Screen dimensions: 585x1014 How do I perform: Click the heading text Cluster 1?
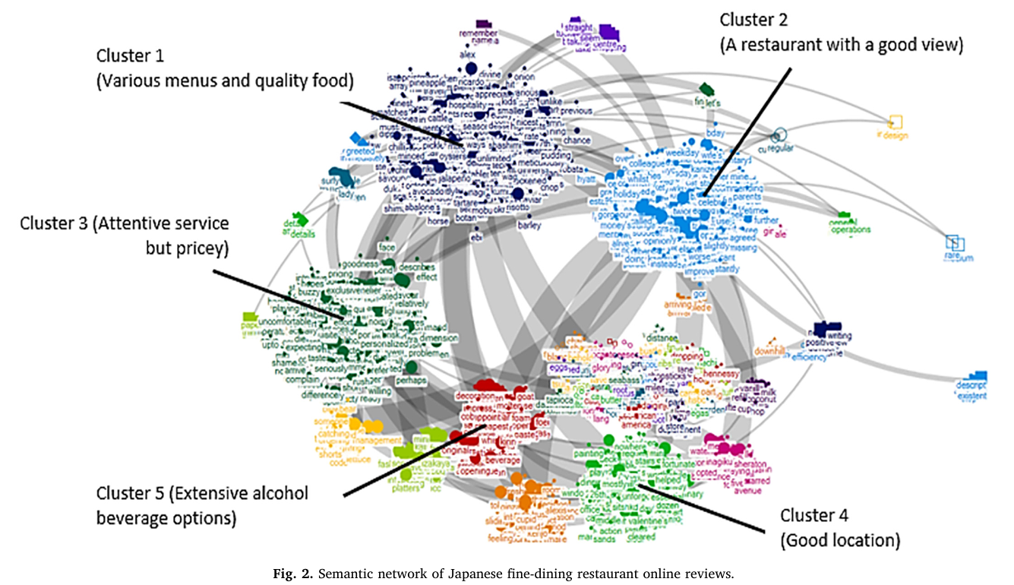[x=130, y=56]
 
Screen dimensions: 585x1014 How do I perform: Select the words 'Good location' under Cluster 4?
[x=841, y=541]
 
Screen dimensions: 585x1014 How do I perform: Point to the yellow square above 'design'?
[x=895, y=122]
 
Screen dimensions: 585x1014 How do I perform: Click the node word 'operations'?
[x=850, y=229]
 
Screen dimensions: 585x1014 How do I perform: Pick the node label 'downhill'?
[x=768, y=351]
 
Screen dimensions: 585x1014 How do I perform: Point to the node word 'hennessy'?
[x=720, y=374]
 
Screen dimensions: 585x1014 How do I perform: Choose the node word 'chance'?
[x=576, y=141]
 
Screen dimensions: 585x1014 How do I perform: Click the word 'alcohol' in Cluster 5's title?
[x=276, y=494]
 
